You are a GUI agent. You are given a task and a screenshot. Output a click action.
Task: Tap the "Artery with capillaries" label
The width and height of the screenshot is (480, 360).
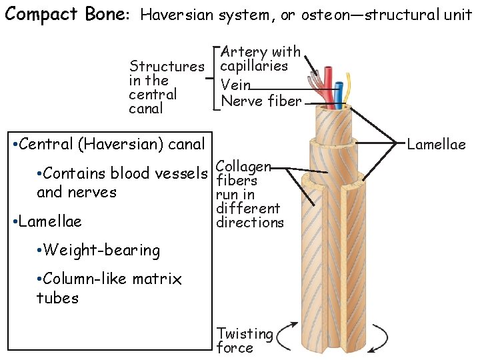261,59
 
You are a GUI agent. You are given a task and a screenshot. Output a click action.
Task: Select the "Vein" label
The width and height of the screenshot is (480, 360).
236,84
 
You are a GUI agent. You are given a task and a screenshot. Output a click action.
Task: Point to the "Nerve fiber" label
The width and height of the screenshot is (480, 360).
261,101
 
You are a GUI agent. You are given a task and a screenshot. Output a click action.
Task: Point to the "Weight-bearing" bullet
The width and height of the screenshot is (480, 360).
99,251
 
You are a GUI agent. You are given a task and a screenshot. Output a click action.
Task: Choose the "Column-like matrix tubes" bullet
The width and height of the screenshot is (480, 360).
109,288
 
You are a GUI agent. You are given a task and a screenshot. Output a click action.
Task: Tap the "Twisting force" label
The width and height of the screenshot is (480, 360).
245,340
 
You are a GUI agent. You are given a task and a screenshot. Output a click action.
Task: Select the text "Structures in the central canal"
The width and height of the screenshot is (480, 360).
166,87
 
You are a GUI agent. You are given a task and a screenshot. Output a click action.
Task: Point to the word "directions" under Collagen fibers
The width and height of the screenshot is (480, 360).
250,223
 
